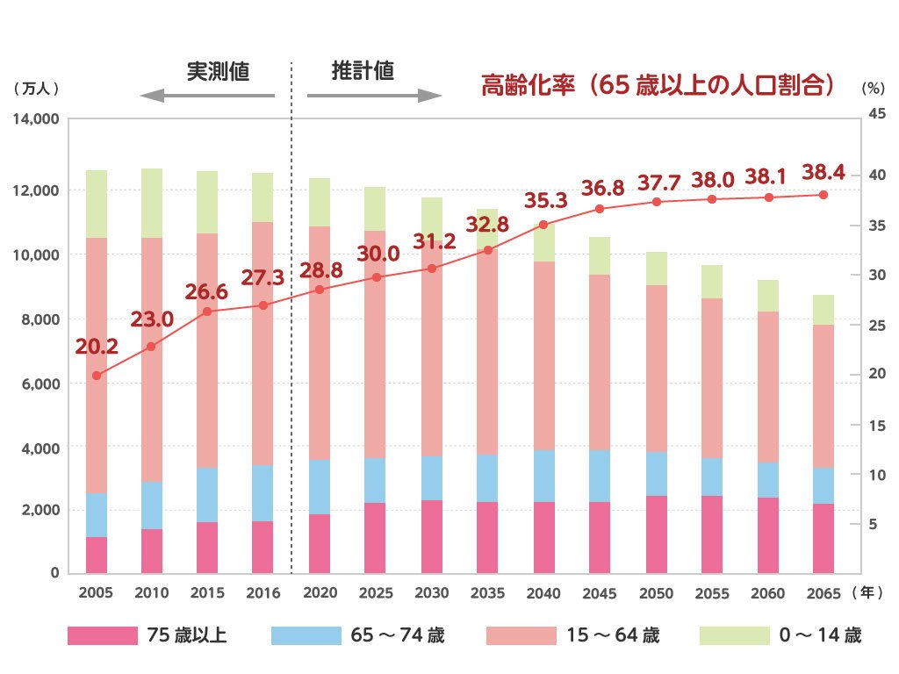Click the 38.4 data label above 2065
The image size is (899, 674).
click(x=823, y=173)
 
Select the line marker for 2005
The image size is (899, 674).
click(x=97, y=376)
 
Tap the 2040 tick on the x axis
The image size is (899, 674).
click(x=543, y=593)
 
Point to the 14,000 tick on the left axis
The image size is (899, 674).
click(x=36, y=118)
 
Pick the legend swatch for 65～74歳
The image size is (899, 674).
click(x=306, y=635)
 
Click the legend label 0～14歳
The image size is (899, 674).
click(x=820, y=635)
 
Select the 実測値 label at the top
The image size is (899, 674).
click(x=218, y=72)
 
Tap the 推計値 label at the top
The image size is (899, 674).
click(x=363, y=71)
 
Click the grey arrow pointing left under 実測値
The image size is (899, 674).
click(x=207, y=96)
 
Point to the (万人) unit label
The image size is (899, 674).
click(x=36, y=89)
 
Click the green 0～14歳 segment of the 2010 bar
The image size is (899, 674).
click(x=152, y=203)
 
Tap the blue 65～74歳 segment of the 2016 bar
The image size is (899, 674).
click(x=263, y=493)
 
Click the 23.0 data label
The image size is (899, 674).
click(x=152, y=319)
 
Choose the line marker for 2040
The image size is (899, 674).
click(x=543, y=225)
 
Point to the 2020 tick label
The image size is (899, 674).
click(x=320, y=593)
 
